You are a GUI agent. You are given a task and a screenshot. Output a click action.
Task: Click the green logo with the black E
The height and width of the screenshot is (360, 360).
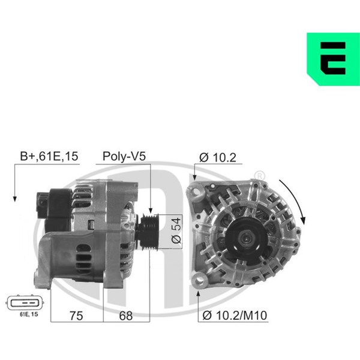tap(334, 59)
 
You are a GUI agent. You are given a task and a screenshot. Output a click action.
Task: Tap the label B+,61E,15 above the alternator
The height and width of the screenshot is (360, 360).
tap(49, 156)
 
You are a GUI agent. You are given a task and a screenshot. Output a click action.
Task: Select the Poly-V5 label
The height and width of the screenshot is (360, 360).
tap(124, 157)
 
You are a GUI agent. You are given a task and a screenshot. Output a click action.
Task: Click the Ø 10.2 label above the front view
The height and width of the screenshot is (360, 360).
tap(218, 157)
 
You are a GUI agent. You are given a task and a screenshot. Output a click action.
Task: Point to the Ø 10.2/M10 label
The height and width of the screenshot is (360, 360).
tap(235, 315)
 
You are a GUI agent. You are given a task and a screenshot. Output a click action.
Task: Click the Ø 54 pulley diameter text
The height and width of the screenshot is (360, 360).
tap(176, 231)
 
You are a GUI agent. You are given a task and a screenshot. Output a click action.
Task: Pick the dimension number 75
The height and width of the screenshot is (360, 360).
tap(76, 316)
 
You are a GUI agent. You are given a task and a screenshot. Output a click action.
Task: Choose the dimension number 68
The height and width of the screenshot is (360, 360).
tap(126, 316)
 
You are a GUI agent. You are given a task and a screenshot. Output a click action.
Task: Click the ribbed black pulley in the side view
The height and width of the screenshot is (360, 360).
tap(149, 232)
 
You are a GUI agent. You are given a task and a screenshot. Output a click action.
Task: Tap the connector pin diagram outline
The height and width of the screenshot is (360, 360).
tap(25, 303)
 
